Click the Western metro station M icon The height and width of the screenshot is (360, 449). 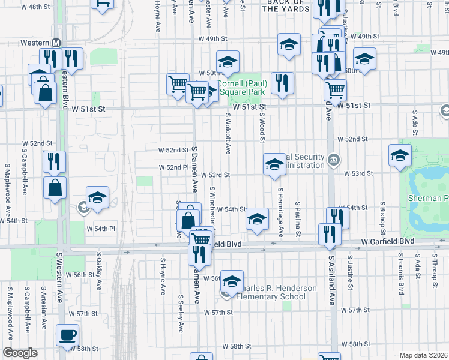[x=56, y=43]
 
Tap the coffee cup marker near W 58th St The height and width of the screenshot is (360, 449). [x=67, y=335]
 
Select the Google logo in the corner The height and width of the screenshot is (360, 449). [x=19, y=353]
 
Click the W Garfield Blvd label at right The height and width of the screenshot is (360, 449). [x=388, y=241]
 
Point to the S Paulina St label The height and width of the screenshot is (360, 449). [x=298, y=218]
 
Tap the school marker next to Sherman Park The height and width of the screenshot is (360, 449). [x=400, y=155]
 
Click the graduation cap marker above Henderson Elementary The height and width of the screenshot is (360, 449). [x=232, y=280]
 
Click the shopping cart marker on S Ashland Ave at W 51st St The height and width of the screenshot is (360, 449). [x=335, y=90]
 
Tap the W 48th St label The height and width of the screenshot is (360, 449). [x=35, y=7]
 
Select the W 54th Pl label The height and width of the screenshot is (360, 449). [x=100, y=229]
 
